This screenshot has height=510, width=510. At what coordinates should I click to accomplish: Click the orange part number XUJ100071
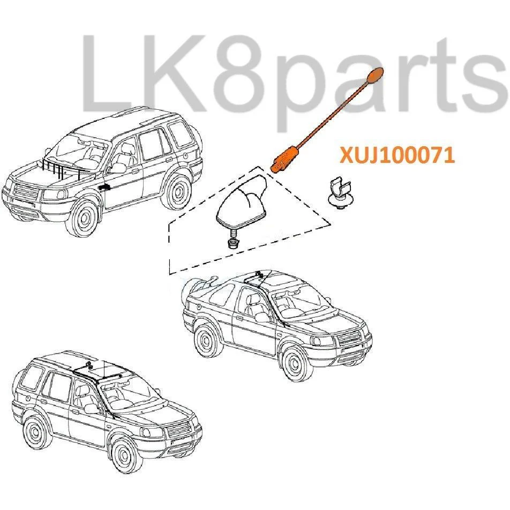click(397, 155)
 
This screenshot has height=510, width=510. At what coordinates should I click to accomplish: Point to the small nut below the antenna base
click(233, 243)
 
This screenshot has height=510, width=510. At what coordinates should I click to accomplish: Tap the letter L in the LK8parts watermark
click(105, 73)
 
